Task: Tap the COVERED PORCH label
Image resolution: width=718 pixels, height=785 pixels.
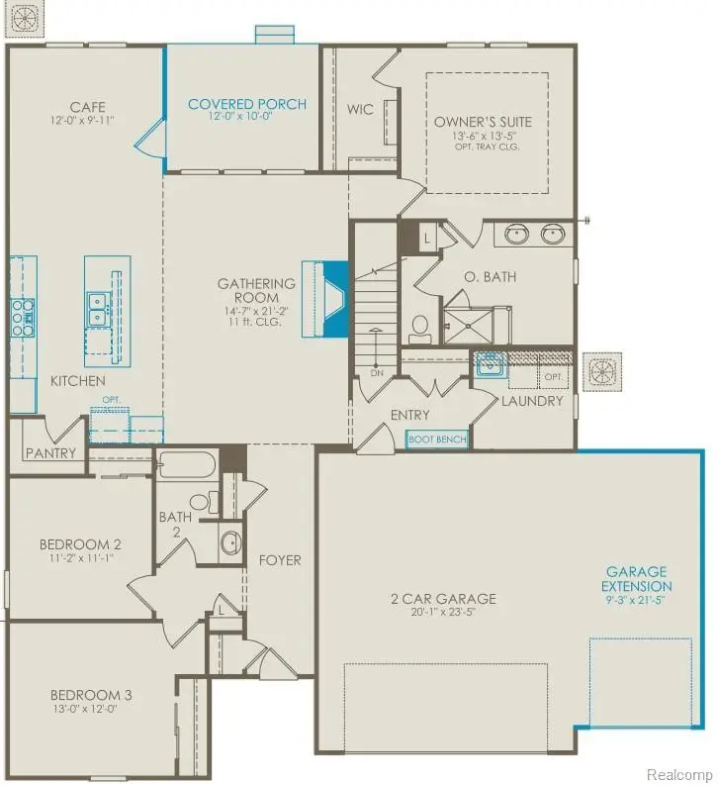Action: [247, 104]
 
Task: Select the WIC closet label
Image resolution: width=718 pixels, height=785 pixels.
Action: [361, 109]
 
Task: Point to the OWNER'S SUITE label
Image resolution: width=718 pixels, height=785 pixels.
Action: [483, 122]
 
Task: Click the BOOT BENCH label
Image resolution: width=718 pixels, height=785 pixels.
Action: [437, 437]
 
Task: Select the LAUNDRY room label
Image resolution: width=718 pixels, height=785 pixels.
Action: [531, 401]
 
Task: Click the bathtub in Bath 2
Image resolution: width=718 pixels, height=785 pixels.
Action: [188, 466]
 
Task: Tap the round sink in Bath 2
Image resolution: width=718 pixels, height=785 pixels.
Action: [230, 542]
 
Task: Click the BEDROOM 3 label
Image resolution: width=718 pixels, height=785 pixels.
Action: [77, 695]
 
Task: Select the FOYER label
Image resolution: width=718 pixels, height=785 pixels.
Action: [280, 560]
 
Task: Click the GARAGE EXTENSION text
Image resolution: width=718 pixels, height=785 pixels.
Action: [636, 578]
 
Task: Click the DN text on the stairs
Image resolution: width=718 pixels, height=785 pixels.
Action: [377, 373]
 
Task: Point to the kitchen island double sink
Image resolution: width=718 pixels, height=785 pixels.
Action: [98, 309]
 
